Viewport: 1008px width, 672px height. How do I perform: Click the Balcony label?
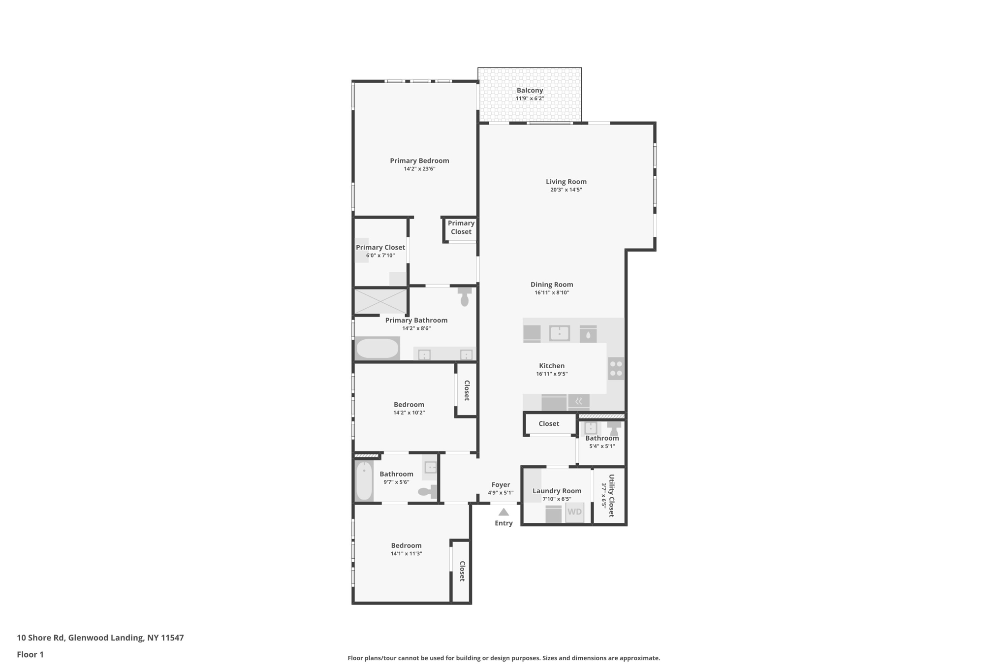pyautogui.click(x=530, y=91)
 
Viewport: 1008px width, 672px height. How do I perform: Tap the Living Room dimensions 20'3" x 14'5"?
pyautogui.click(x=566, y=190)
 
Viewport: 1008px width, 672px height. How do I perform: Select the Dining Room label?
pyautogui.click(x=552, y=285)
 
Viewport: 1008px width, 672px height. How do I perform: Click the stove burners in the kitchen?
pyautogui.click(x=616, y=369)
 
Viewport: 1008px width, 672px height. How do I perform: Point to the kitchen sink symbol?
pyautogui.click(x=560, y=333)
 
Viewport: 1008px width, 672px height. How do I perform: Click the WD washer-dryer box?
pyautogui.click(x=574, y=512)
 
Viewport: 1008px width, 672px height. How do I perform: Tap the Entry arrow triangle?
pyautogui.click(x=504, y=512)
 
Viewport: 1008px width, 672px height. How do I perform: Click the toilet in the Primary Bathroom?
pyautogui.click(x=464, y=297)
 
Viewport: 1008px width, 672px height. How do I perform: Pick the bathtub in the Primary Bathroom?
pyautogui.click(x=378, y=349)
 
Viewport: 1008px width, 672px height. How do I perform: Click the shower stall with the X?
pyautogui.click(x=380, y=301)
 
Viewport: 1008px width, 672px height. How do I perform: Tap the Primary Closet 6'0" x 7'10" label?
pyautogui.click(x=380, y=248)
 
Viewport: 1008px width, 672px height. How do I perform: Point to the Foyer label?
pyautogui.click(x=501, y=485)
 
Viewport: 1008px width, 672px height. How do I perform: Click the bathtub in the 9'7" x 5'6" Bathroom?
pyautogui.click(x=364, y=481)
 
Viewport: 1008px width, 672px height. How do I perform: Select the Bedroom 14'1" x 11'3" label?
pyautogui.click(x=406, y=545)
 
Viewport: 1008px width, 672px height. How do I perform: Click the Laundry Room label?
pyautogui.click(x=557, y=491)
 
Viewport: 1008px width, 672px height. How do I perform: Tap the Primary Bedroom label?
pyautogui.click(x=419, y=161)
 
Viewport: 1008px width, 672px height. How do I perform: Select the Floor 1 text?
pyautogui.click(x=30, y=655)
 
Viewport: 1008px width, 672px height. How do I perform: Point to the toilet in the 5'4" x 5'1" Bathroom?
pyautogui.click(x=614, y=427)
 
